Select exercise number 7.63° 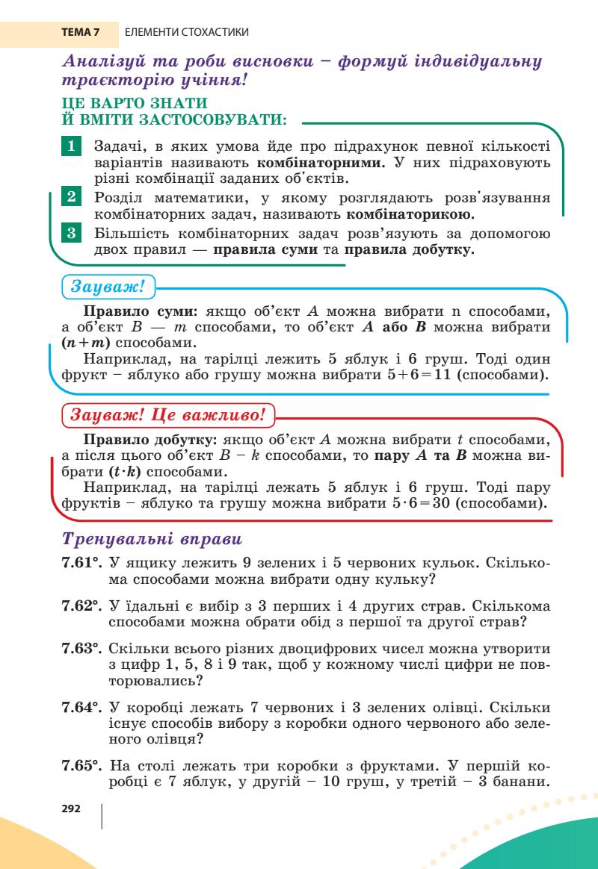click(81, 647)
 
